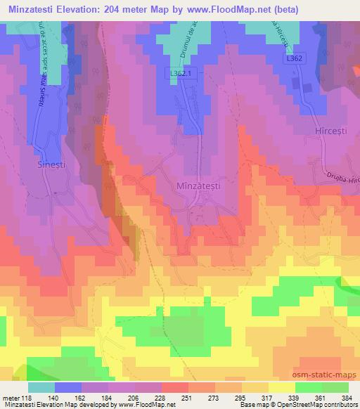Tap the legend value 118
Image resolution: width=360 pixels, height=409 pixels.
tap(27, 397)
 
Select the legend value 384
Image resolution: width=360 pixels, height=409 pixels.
tap(347, 397)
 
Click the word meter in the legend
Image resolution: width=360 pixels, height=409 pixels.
tap(11, 397)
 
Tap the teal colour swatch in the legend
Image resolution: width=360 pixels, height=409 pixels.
tap(41, 387)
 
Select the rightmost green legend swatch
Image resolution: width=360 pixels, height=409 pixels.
tap(335, 387)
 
